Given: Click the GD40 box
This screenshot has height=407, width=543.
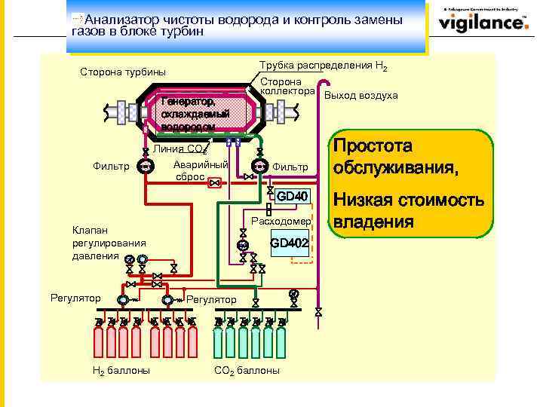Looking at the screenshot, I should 292,197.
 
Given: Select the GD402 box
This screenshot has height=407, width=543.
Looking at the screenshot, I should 289,243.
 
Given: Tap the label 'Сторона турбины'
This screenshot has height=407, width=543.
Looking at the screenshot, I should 122,73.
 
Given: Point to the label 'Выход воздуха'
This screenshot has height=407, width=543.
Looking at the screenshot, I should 360,95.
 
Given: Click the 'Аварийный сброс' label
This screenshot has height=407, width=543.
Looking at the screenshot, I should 199,170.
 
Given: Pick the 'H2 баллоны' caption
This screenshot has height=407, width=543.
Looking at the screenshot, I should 120,370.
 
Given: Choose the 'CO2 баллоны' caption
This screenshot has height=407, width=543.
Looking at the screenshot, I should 247,370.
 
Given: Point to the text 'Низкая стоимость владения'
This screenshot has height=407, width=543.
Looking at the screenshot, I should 407,211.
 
